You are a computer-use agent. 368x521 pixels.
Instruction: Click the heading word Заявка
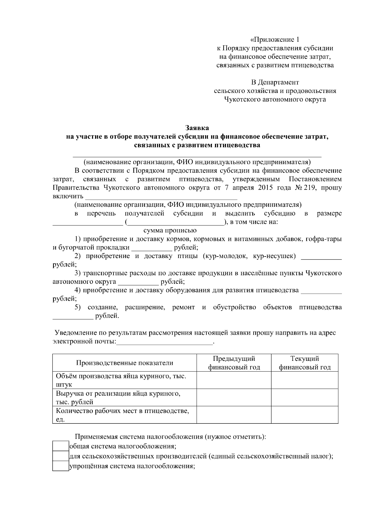pyautogui.click(x=197, y=128)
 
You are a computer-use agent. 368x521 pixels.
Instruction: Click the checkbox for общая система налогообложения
pyautogui.click(x=60, y=446)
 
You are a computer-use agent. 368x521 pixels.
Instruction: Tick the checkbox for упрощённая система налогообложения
pyautogui.click(x=60, y=466)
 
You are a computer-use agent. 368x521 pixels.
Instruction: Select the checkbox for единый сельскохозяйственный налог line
pyautogui.click(x=60, y=456)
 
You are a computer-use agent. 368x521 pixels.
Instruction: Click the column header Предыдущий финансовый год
pyautogui.click(x=234, y=363)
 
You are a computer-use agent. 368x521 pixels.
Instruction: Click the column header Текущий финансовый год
pyautogui.click(x=305, y=363)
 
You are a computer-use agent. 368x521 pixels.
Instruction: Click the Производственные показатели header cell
pyautogui.click(x=125, y=363)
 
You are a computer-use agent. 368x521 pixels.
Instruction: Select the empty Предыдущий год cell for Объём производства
pyautogui.click(x=234, y=380)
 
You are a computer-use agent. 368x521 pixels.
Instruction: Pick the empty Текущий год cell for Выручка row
pyautogui.click(x=305, y=398)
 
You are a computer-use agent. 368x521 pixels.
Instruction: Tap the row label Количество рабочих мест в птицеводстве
pyautogui.click(x=122, y=411)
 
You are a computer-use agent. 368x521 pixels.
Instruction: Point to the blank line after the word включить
pyautogui.click(x=161, y=197)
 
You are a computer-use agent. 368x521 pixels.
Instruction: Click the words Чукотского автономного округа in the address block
pyautogui.click(x=274, y=99)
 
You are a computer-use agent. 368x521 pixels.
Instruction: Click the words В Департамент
pyautogui.click(x=274, y=82)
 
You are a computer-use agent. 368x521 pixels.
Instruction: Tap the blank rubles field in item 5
pyautogui.click(x=73, y=316)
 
